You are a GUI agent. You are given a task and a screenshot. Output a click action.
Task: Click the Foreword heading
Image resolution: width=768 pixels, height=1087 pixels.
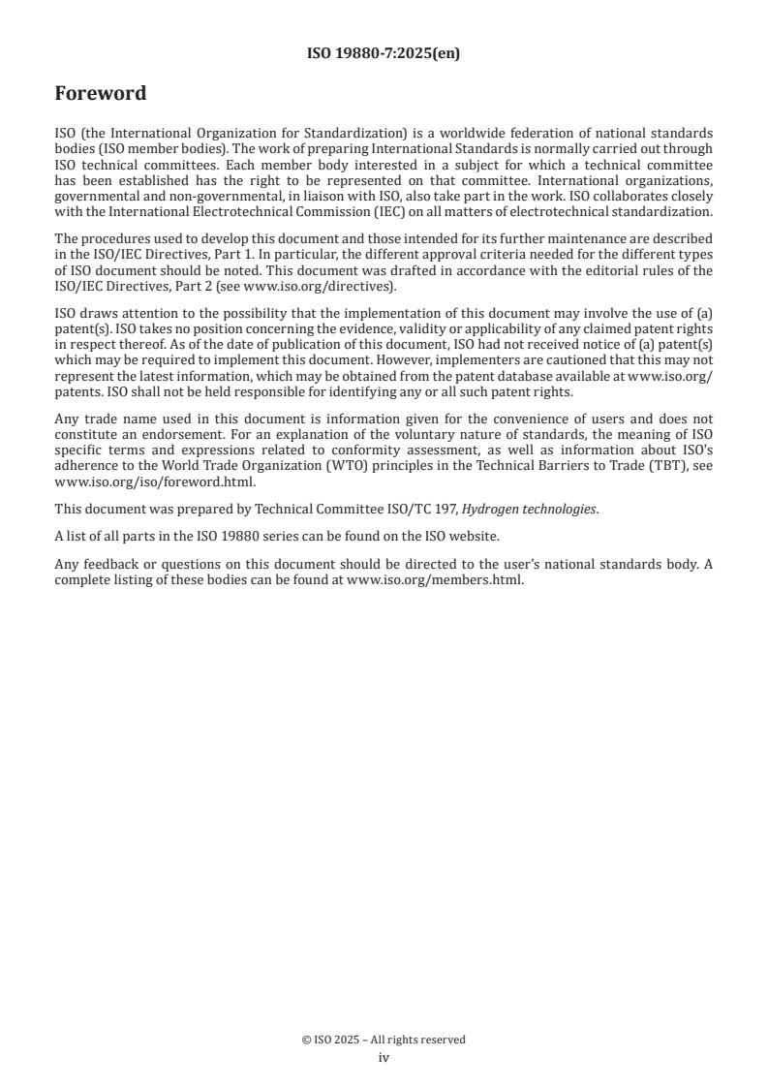[101, 94]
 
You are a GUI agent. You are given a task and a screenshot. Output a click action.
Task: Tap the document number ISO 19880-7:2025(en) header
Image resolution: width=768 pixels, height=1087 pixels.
[384, 54]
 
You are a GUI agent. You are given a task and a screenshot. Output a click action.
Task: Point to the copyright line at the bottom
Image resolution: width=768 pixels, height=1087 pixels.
[384, 1040]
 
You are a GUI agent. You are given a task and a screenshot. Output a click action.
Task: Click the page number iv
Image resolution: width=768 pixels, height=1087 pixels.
[384, 1058]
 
